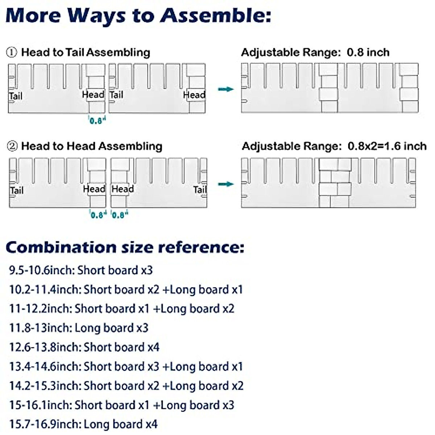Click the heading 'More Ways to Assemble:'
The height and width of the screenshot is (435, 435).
click(x=138, y=16)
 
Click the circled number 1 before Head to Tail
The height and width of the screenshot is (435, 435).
click(x=11, y=53)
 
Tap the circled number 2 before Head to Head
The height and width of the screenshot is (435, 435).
click(x=12, y=146)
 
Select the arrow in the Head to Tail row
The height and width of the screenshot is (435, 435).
click(x=226, y=89)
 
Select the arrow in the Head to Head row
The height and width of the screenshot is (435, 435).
click(x=226, y=184)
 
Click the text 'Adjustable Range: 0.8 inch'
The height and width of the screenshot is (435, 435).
click(x=315, y=53)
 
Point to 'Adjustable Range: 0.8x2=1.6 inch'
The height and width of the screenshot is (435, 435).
click(x=334, y=146)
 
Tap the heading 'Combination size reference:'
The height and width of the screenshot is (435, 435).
click(x=125, y=248)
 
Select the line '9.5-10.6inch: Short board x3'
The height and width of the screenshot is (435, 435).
click(x=81, y=270)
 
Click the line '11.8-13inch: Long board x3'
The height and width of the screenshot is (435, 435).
click(x=79, y=328)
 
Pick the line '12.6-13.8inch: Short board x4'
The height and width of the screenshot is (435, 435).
click(x=84, y=347)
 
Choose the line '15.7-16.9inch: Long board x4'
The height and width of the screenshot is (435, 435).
click(x=83, y=424)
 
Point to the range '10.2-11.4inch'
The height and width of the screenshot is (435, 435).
click(x=45, y=290)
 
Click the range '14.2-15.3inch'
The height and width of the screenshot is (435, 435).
click(x=45, y=386)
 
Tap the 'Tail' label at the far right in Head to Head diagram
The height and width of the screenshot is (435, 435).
click(x=200, y=190)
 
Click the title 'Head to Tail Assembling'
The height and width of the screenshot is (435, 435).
click(x=86, y=53)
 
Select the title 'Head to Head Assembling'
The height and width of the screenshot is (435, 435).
click(x=92, y=146)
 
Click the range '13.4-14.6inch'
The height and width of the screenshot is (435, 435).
click(x=45, y=366)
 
